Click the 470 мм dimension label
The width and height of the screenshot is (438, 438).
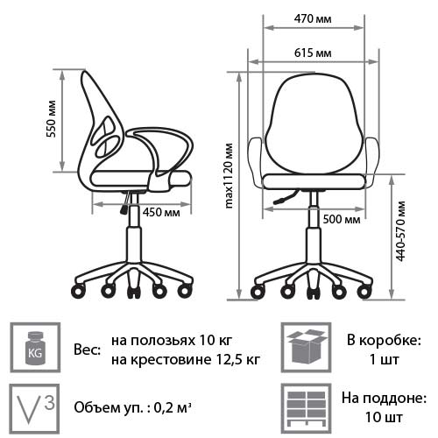click(x=313, y=19)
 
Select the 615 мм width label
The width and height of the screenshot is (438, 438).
click(x=313, y=53)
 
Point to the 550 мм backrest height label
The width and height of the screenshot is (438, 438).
click(x=52, y=119)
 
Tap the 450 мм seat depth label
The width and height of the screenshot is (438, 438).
click(x=161, y=212)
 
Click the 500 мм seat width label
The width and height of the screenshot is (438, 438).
click(x=342, y=219)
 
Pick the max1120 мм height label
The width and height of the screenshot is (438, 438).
click(x=230, y=176)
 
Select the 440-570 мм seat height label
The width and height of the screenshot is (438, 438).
click(x=400, y=231)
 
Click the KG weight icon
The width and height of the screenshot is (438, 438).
click(x=35, y=348)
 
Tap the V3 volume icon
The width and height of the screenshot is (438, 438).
click(x=34, y=408)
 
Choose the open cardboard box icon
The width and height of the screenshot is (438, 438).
click(x=306, y=348)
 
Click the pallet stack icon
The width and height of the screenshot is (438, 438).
click(x=306, y=408)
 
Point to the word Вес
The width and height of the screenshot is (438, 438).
click(x=87, y=350)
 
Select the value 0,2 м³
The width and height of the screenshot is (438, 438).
click(x=173, y=407)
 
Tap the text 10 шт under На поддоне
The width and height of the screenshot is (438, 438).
click(x=384, y=417)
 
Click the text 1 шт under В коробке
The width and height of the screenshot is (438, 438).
click(x=384, y=360)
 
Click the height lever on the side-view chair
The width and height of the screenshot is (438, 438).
click(x=125, y=202)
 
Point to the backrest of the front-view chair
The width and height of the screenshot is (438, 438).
click(x=313, y=123)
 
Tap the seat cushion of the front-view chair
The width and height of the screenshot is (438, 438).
click(x=314, y=181)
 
